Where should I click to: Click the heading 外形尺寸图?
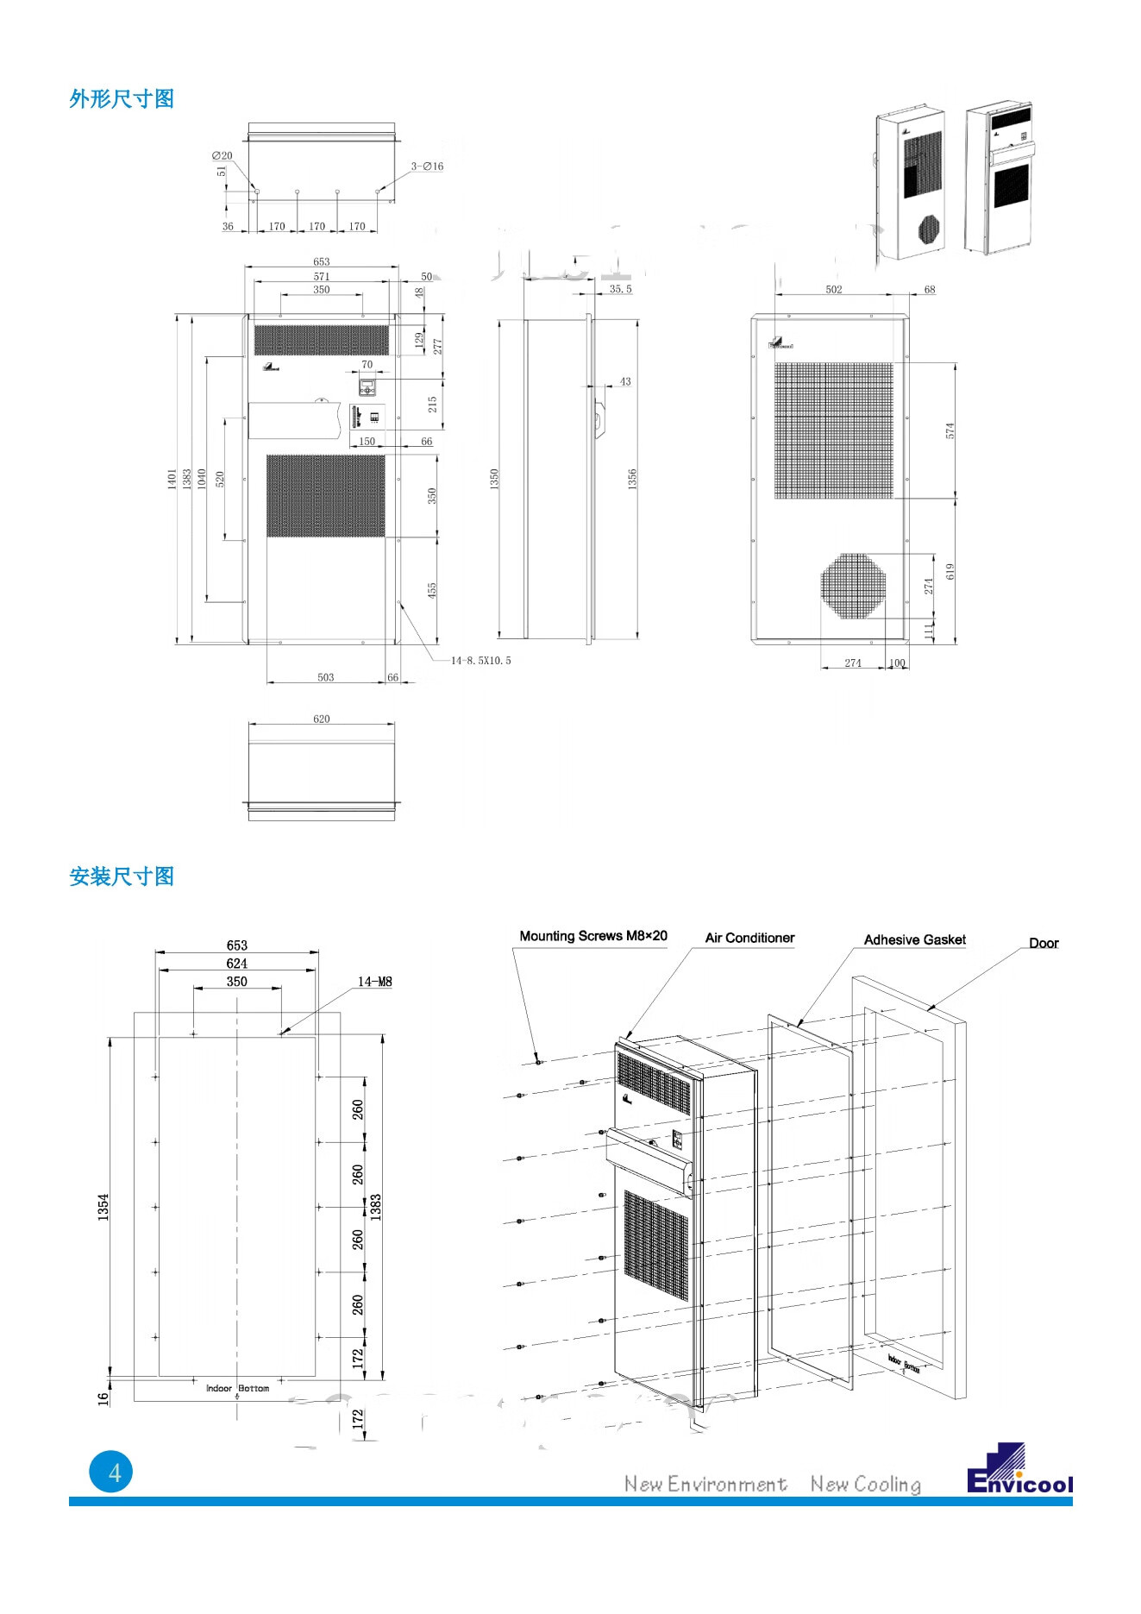122,99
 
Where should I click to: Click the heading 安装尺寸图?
122,876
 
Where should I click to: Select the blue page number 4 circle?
111,1472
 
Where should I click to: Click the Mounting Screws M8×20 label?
592,936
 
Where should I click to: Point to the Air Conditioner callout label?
749,938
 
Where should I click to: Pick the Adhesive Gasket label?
914,939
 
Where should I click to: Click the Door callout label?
1043,943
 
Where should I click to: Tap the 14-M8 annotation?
374,982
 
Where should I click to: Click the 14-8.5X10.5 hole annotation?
480,661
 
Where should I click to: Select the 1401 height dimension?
172,479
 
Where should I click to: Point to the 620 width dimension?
321,719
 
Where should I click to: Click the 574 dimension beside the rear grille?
950,430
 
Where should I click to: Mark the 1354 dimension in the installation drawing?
103,1206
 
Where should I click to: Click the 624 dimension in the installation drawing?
236,964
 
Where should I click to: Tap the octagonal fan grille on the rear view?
852,586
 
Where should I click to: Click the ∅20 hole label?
222,156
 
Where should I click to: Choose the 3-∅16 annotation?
427,166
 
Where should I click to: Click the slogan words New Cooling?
865,1484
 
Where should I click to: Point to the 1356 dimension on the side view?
631,479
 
